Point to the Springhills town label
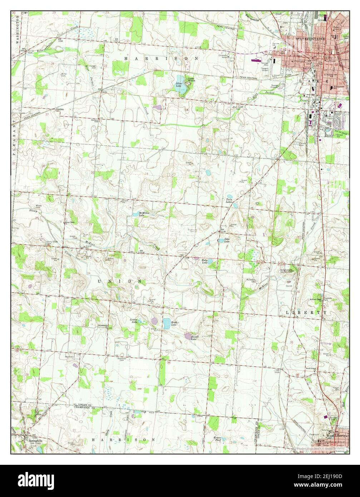point(35,441)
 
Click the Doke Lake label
point(226,240)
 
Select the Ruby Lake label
point(204,262)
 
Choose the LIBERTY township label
point(306,312)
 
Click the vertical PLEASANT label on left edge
point(14,138)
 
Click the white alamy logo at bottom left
point(32,479)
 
